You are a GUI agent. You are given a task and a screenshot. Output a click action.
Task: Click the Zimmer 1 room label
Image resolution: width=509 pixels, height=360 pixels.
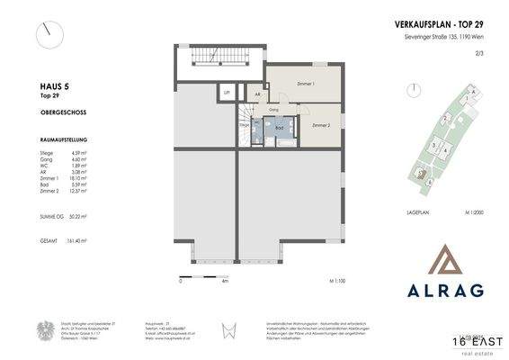point(305,83)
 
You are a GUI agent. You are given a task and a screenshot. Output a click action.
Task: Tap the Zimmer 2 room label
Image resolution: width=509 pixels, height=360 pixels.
point(322,127)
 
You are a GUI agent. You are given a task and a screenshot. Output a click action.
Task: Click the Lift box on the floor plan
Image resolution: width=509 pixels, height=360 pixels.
point(228,93)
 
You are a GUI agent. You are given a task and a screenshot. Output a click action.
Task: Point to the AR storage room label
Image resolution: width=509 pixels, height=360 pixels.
point(257,94)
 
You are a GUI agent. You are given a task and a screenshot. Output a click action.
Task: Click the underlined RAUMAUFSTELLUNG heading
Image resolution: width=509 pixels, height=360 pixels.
point(39,142)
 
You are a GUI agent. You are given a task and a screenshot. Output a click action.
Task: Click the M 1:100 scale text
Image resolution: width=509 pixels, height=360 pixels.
point(335,282)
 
